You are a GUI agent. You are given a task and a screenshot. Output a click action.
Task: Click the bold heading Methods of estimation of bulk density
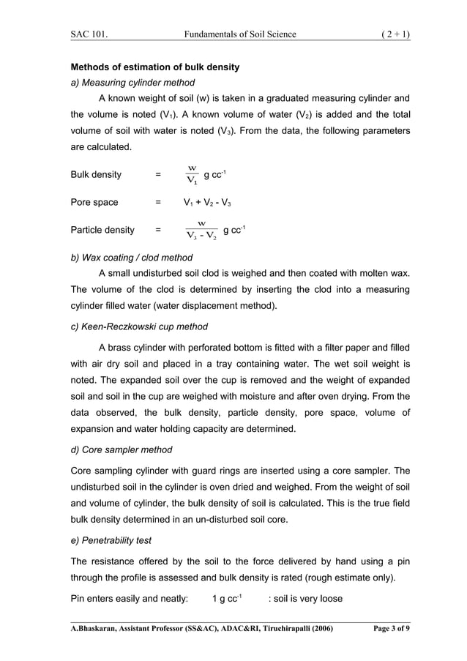coord(154,67)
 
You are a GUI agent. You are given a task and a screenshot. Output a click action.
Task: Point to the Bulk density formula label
coord(96,175)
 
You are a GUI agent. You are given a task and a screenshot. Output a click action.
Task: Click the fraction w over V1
coord(192,175)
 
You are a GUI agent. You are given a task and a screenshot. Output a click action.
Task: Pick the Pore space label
coord(94,202)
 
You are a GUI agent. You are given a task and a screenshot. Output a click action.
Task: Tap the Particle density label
coord(102,230)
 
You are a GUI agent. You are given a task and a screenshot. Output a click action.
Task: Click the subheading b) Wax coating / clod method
coord(131,258)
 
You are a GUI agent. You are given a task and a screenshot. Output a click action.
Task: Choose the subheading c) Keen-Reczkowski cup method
coord(138,326)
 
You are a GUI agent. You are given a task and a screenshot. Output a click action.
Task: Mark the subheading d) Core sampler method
coord(121,449)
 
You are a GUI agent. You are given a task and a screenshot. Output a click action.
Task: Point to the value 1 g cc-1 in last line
coord(226,599)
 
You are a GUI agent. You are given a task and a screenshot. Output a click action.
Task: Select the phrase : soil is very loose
coord(305,599)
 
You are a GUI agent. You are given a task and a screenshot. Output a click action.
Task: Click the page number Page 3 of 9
coord(386,629)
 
